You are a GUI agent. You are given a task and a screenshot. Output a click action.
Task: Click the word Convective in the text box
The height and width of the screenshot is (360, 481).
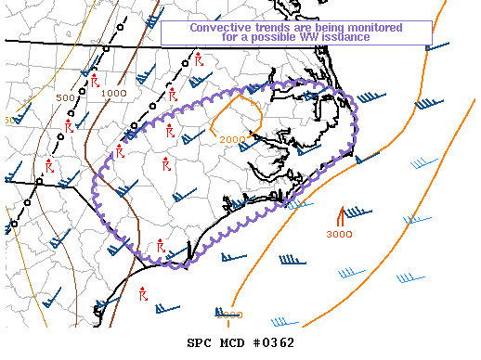pyautogui.click(x=218, y=27)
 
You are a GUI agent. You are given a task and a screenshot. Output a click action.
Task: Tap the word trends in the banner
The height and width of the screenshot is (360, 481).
pyautogui.click(x=268, y=27)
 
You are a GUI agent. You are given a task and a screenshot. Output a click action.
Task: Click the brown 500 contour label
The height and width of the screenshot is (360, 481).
pyautogui.click(x=65, y=97)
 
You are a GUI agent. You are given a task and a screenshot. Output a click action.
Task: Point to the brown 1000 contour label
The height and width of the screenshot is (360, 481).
pyautogui.click(x=114, y=93)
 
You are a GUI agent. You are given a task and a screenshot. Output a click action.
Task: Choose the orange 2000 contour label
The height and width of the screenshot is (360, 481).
pyautogui.click(x=232, y=139)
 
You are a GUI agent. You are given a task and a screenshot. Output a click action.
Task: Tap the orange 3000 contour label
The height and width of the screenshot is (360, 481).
pyautogui.click(x=339, y=234)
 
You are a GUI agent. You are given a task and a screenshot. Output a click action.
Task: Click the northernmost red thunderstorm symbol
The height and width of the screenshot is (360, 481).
pyautogui.click(x=199, y=60)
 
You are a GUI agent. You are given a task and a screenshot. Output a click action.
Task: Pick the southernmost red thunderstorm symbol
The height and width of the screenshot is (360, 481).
pyautogui.click(x=143, y=294)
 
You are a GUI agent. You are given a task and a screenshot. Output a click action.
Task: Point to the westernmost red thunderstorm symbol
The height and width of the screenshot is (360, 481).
pyautogui.click(x=48, y=167)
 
